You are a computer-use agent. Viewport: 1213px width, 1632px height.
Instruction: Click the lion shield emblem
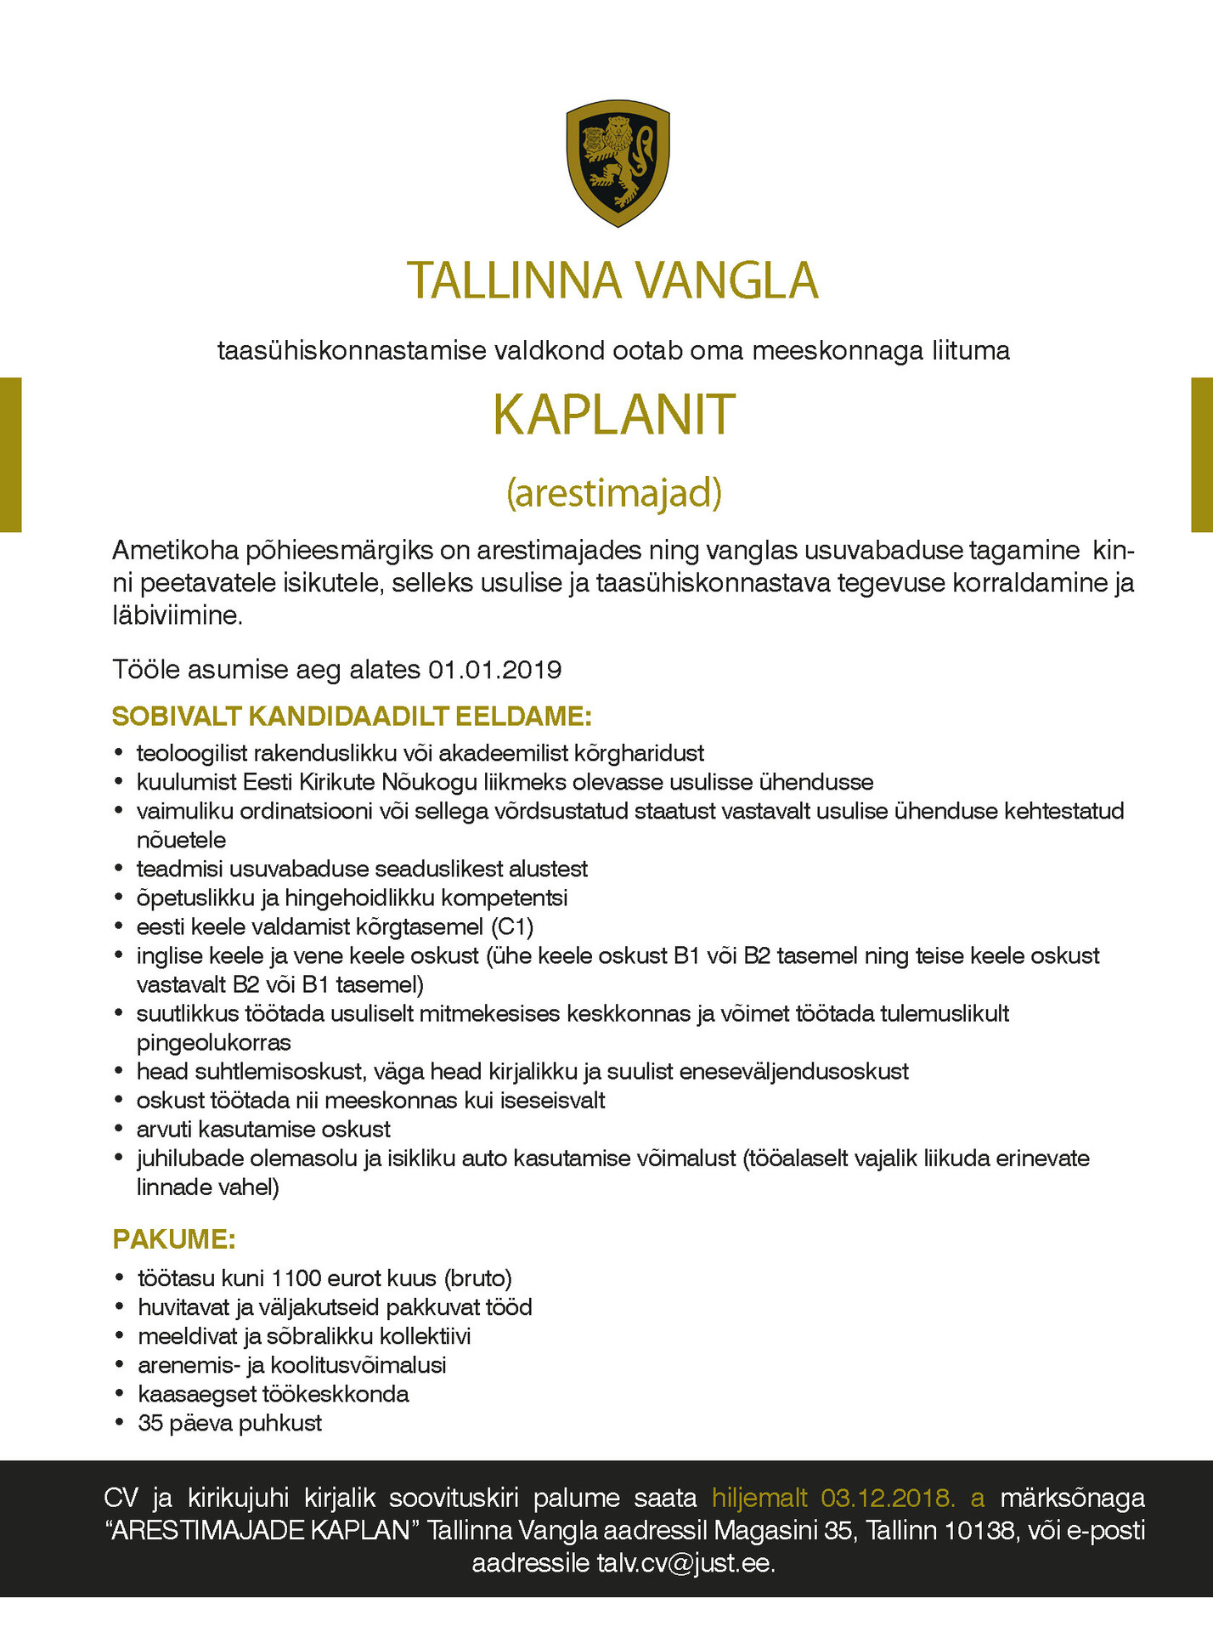(x=618, y=162)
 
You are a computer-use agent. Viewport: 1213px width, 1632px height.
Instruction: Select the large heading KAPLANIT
(x=613, y=415)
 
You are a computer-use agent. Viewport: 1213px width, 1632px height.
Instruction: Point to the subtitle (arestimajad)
(x=613, y=492)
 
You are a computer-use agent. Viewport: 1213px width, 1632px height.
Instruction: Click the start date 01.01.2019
(x=494, y=670)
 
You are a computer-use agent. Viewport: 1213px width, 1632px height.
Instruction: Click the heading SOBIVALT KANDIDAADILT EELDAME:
(x=352, y=716)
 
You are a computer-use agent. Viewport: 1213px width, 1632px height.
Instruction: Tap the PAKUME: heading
(x=173, y=1238)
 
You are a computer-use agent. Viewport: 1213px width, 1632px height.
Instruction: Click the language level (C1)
(x=512, y=926)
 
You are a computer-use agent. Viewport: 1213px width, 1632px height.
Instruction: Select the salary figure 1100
(x=295, y=1278)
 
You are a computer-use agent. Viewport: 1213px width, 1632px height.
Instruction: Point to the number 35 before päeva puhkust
(x=150, y=1422)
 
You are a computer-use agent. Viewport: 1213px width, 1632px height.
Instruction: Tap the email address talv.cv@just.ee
(x=685, y=1563)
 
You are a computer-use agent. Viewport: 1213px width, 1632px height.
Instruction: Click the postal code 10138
(x=980, y=1530)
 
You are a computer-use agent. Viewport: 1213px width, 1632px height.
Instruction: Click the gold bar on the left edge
(x=10, y=455)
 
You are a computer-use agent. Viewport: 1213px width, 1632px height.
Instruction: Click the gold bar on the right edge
(x=1202, y=455)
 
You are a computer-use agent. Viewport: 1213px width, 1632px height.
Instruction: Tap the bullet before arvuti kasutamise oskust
(x=119, y=1129)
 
